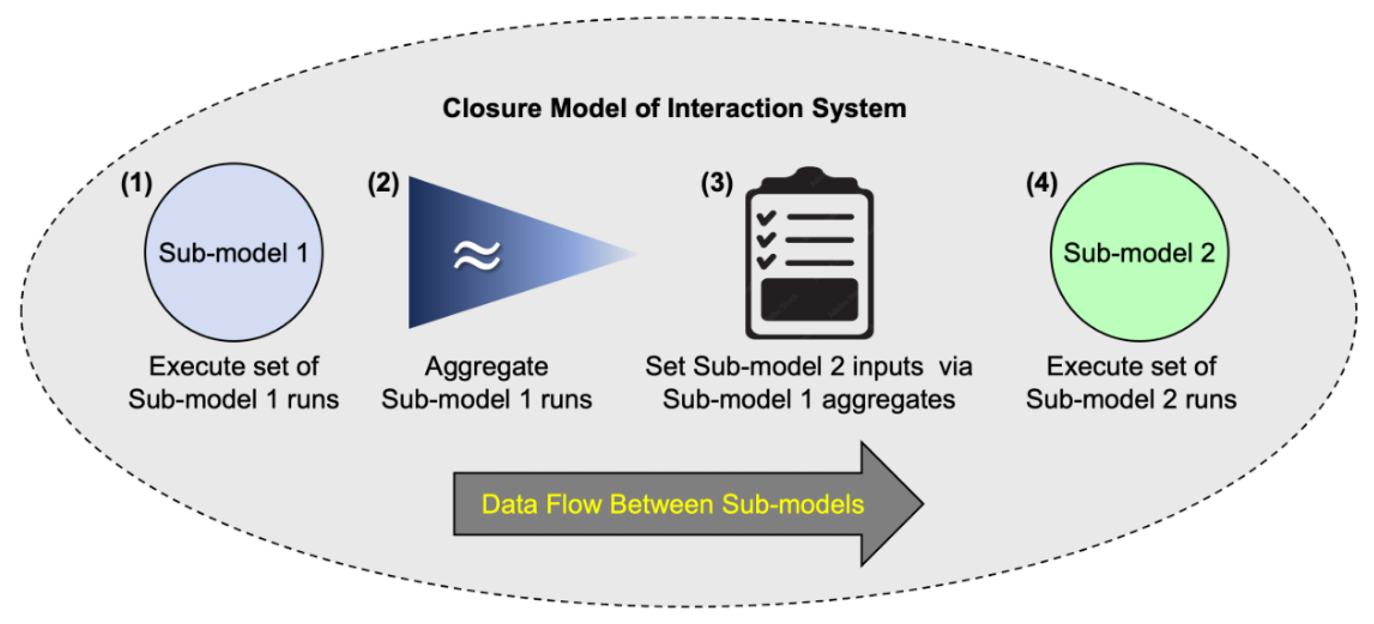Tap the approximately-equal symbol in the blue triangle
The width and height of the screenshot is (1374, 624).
coord(476,255)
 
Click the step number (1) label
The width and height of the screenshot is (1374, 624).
coord(137,183)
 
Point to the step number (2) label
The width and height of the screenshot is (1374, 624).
coord(383,183)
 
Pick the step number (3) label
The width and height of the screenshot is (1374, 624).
coord(716,183)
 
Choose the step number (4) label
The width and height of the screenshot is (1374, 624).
coord(1041,183)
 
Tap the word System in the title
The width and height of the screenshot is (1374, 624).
coord(859,108)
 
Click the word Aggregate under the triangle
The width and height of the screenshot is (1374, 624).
coord(486,367)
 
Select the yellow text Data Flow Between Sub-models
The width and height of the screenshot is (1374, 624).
coord(672,504)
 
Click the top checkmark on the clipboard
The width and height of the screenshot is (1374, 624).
coord(766,217)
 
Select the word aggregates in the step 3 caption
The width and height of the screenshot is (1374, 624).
coord(888,400)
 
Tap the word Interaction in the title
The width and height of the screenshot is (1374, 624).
coord(734,108)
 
